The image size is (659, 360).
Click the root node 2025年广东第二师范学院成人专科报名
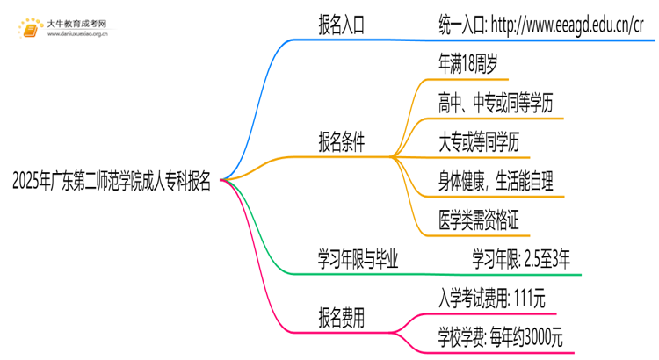(112, 182)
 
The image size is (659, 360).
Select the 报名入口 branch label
(341, 25)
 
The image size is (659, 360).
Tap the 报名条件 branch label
(341, 141)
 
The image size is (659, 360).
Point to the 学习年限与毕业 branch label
(358, 258)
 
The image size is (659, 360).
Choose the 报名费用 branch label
(341, 314)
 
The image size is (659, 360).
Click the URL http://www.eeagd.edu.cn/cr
(581, 25)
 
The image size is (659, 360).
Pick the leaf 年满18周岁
(473, 64)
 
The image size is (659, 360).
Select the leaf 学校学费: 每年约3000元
(500, 335)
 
